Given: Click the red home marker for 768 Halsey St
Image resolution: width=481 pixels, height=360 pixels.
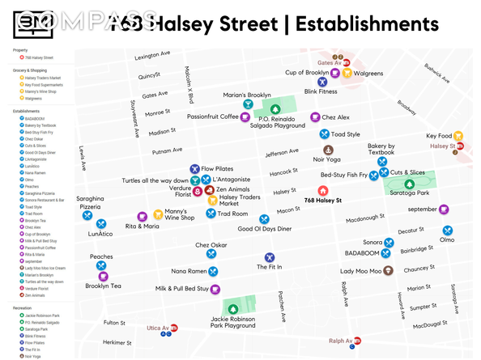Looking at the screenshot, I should coord(323,190).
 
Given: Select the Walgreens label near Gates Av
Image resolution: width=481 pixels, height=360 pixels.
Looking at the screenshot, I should coord(368,74).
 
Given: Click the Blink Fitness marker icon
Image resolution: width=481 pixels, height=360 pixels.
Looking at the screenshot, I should coord(321,82).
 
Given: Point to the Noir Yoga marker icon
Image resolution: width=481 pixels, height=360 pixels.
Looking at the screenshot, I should coord(328,150).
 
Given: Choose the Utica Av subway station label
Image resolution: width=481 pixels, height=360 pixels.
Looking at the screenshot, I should coord(157,329).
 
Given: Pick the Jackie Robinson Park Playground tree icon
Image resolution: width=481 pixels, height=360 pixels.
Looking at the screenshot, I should coord(233,308).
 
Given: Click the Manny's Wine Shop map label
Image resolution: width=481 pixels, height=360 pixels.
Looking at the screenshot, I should coord(180,214).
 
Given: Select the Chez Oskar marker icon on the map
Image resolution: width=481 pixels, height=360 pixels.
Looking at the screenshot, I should coord(211,254).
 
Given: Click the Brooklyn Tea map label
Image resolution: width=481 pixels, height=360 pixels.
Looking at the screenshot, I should coord(103,286).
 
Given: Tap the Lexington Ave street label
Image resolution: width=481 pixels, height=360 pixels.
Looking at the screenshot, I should coord(152,56).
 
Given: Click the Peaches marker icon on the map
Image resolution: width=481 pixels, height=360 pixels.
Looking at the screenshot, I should coord(101,266).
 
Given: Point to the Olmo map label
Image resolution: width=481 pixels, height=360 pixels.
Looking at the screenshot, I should coord(447,239).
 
